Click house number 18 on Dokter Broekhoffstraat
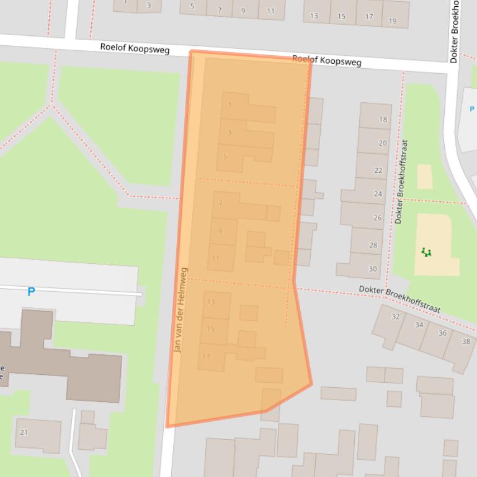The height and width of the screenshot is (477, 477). [x=383, y=120]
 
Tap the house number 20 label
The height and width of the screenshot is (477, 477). [x=382, y=143]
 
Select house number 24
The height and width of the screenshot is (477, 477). [x=378, y=194]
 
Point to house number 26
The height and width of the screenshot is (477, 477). [x=377, y=218]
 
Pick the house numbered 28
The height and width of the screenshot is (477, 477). [x=373, y=245]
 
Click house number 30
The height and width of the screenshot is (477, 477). [x=372, y=269]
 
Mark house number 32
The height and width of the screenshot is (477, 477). [x=395, y=317]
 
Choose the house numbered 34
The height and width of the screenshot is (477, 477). [x=419, y=325]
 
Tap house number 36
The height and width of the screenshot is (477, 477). [x=442, y=333]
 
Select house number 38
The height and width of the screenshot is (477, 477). [x=466, y=341]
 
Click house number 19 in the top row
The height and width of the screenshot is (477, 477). [x=393, y=21]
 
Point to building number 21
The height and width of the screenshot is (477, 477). [x=24, y=432]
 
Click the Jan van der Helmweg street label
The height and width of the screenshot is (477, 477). [x=180, y=310]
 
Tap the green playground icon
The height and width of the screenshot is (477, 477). [x=426, y=252]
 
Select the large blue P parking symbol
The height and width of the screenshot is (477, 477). [x=31, y=291]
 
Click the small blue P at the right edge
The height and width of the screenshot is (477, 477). [x=472, y=110]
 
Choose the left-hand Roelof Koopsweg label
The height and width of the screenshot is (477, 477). [x=135, y=49]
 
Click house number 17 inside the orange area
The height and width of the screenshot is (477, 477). [x=207, y=356]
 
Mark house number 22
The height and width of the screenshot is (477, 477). [x=378, y=170]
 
